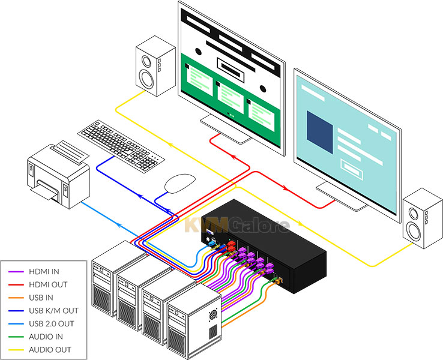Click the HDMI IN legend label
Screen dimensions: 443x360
click(x=44, y=272)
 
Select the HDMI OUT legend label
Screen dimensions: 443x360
click(x=48, y=284)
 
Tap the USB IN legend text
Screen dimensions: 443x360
click(x=41, y=298)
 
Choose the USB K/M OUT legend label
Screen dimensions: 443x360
click(x=53, y=311)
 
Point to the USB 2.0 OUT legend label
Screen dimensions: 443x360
click(x=52, y=323)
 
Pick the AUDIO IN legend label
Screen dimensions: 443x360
click(x=46, y=337)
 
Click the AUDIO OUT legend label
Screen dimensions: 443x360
click(x=50, y=350)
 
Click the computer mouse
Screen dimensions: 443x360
click(x=180, y=183)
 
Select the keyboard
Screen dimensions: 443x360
click(x=121, y=146)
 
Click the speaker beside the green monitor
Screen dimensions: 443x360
click(x=155, y=66)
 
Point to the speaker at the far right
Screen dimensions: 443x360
click(x=423, y=218)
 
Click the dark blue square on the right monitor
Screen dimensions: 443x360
click(x=320, y=132)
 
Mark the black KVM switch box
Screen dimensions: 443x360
click(x=264, y=246)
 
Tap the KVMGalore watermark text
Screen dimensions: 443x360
click(x=237, y=225)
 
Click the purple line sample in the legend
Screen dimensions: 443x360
click(x=16, y=272)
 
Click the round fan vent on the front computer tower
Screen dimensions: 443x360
click(x=213, y=314)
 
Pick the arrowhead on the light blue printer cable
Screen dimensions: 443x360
click(x=119, y=225)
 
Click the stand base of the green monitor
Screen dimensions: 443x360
click(x=226, y=130)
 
